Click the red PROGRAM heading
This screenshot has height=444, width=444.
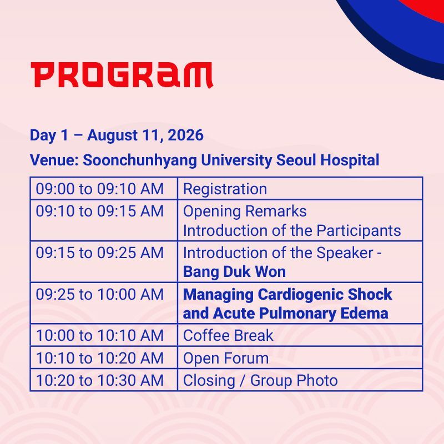[122, 75]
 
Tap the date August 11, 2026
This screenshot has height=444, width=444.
[145, 135]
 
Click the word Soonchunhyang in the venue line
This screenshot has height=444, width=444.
[140, 160]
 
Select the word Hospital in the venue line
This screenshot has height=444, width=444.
[350, 160]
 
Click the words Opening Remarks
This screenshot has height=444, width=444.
[245, 212]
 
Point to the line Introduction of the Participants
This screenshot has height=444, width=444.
[292, 231]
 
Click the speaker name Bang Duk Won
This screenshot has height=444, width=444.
[234, 272]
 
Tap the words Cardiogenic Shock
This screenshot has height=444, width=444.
[325, 295]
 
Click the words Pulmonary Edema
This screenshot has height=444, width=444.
[324, 314]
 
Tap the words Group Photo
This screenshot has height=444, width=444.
[294, 381]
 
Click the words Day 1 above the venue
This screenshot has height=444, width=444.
[49, 135]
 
